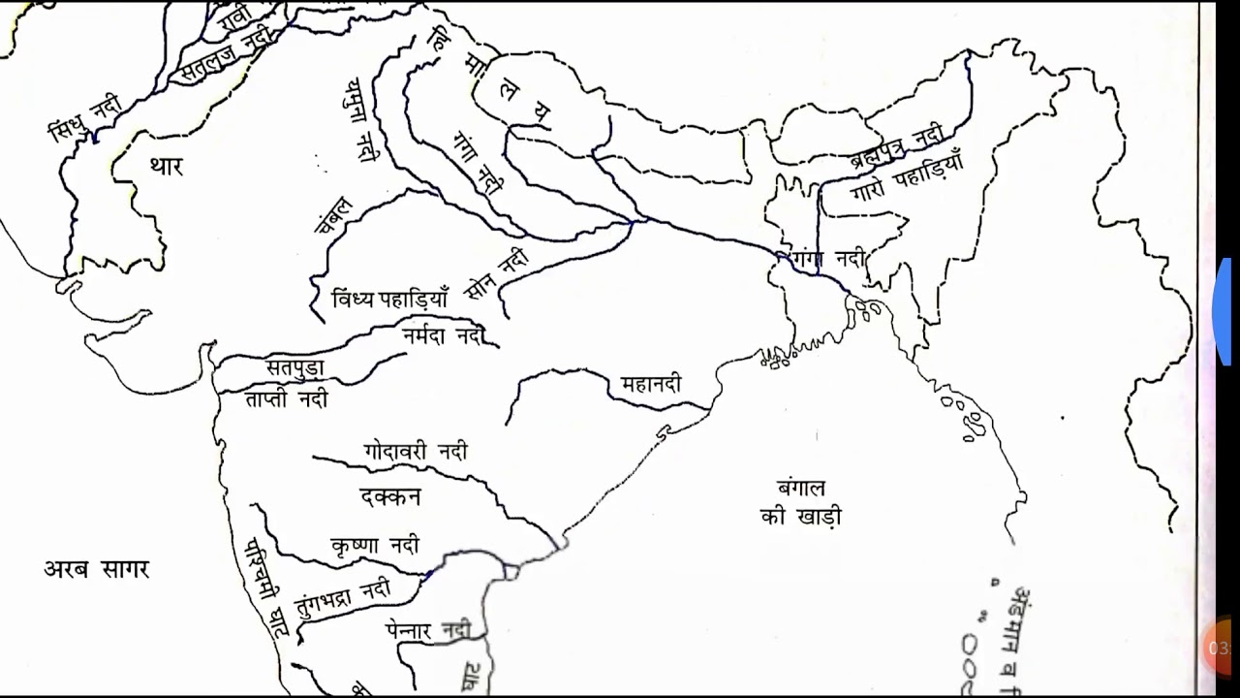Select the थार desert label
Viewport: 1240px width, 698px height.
(x=166, y=167)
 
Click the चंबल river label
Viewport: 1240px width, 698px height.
(x=334, y=215)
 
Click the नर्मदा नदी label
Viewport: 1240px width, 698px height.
(x=442, y=335)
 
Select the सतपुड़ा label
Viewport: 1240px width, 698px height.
(x=294, y=368)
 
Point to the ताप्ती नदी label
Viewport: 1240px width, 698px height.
(x=286, y=398)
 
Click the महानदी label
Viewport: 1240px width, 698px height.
(x=651, y=385)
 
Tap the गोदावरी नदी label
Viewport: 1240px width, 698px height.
(x=416, y=452)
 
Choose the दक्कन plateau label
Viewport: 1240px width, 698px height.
(x=390, y=496)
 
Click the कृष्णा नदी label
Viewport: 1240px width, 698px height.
(x=375, y=545)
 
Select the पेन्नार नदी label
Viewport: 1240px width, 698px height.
(x=427, y=630)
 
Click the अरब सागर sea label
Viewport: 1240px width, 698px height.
(x=97, y=569)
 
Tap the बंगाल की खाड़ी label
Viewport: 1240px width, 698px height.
(x=801, y=502)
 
